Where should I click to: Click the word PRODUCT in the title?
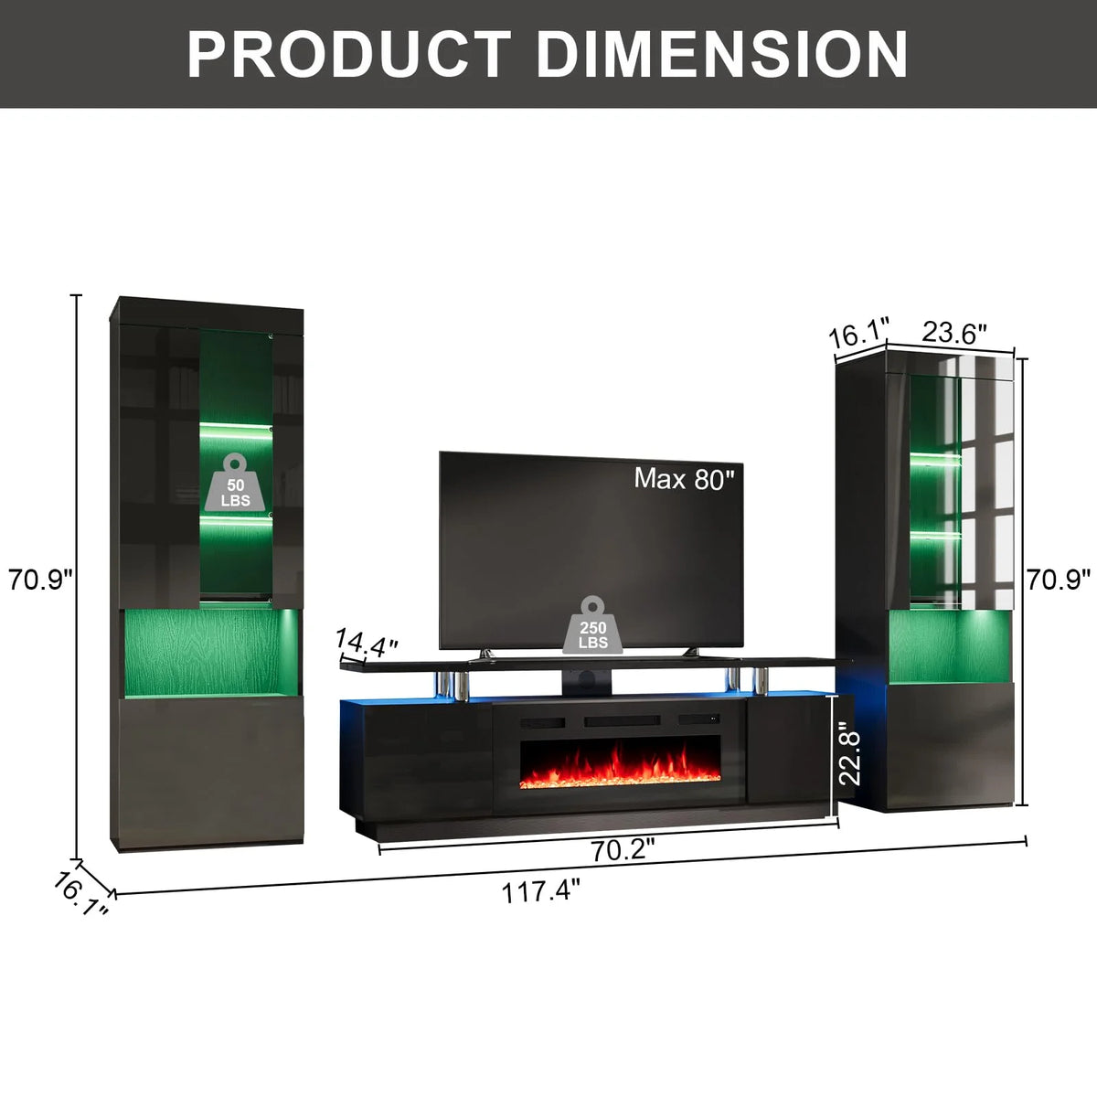[x=348, y=54]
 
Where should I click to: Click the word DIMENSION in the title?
[x=722, y=54]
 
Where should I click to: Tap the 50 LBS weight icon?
[x=235, y=482]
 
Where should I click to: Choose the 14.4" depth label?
[x=366, y=642]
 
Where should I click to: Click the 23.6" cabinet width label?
[x=953, y=333]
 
